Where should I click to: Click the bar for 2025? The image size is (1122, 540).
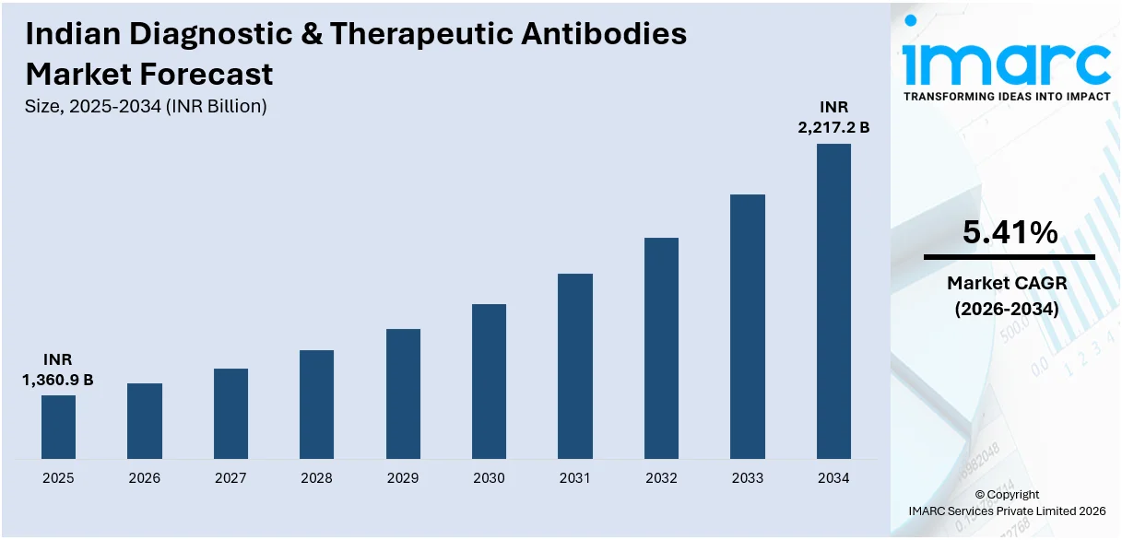pyautogui.click(x=58, y=427)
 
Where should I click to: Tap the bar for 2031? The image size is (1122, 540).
pyautogui.click(x=575, y=366)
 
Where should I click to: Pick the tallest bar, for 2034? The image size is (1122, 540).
pyautogui.click(x=833, y=301)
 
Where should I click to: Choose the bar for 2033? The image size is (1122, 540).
pyautogui.click(x=748, y=326)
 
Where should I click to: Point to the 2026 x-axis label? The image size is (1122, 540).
pyautogui.click(x=145, y=478)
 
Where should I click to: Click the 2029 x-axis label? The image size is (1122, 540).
pyautogui.click(x=403, y=478)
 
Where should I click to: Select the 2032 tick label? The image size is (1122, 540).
pyautogui.click(x=661, y=478)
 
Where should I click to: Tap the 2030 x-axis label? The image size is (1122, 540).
pyautogui.click(x=489, y=478)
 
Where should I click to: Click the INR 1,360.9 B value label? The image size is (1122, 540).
pyautogui.click(x=57, y=370)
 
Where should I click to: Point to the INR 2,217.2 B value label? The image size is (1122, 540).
pyautogui.click(x=833, y=118)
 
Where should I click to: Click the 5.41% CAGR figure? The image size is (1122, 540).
pyautogui.click(x=1010, y=234)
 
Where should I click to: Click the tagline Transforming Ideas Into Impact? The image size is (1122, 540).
pyautogui.click(x=1007, y=96)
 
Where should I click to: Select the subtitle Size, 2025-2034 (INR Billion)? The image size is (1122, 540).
pyautogui.click(x=146, y=106)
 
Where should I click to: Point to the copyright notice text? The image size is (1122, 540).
pyautogui.click(x=1007, y=502)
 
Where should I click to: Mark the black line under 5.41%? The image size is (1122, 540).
pyautogui.click(x=1010, y=257)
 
